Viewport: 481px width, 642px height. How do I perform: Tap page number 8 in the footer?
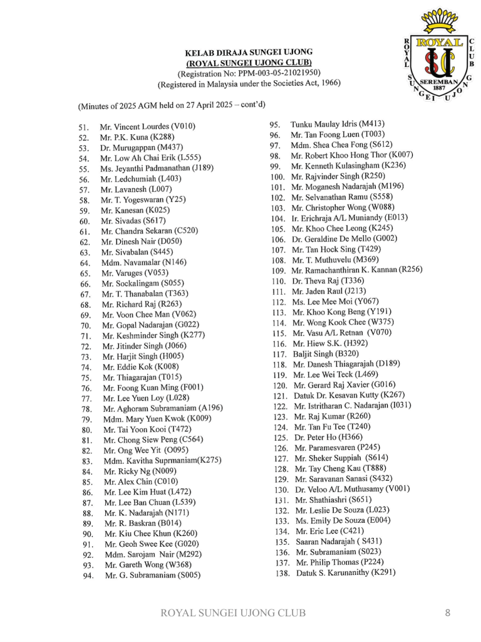[447, 613]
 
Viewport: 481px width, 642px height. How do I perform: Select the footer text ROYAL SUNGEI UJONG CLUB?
[234, 613]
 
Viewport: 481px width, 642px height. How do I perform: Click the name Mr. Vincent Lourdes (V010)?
[147, 127]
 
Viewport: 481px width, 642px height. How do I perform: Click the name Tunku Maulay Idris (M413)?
[337, 124]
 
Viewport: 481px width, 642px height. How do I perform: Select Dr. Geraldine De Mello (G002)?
[344, 239]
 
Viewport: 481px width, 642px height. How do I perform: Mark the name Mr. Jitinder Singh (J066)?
[144, 345]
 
